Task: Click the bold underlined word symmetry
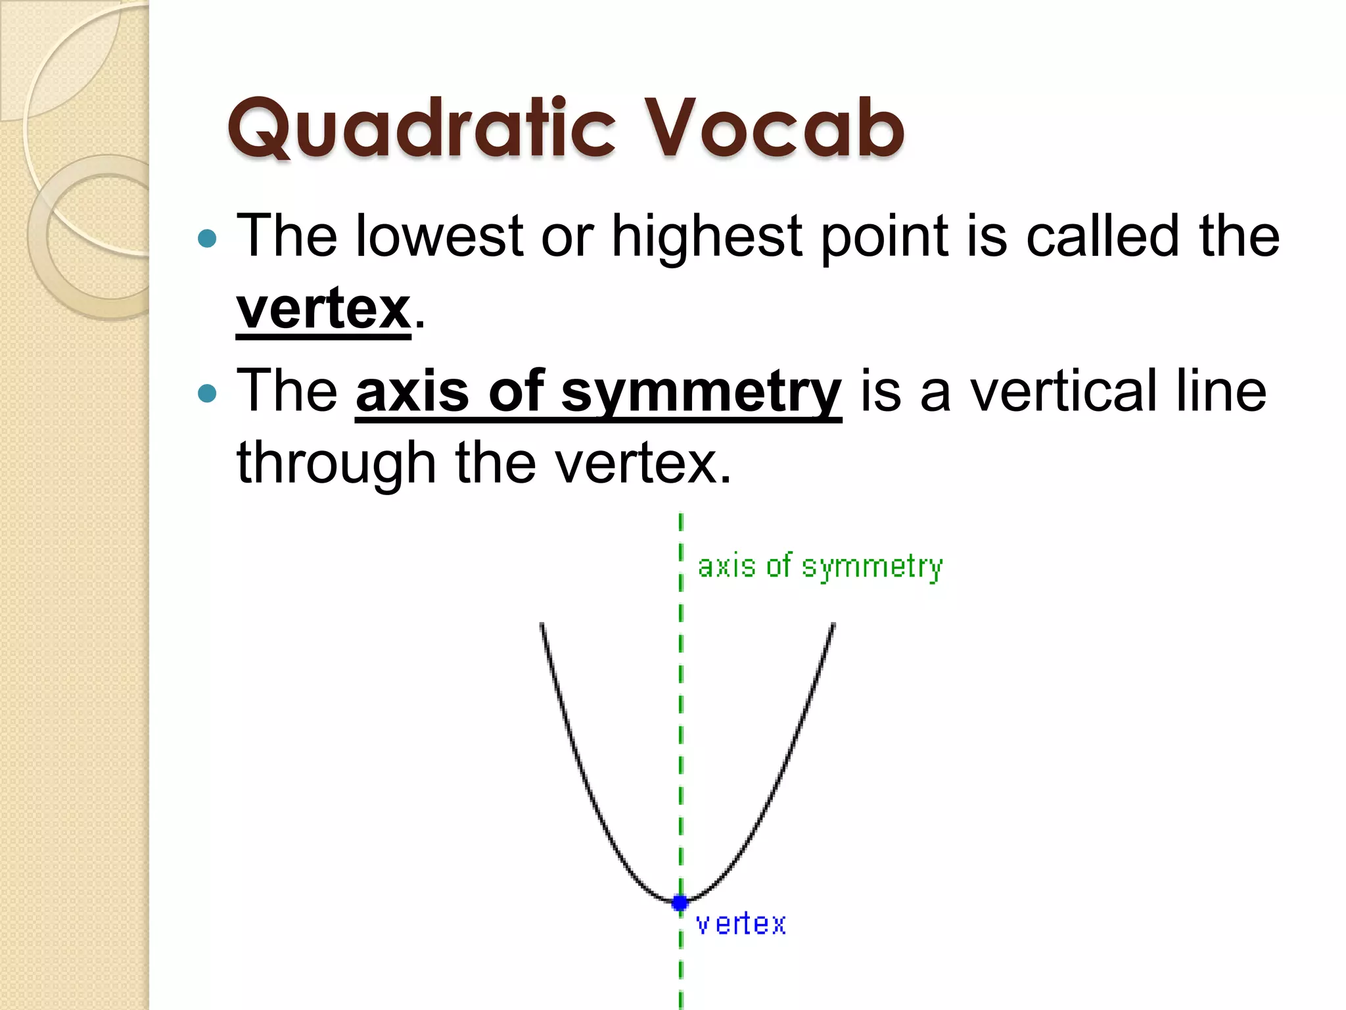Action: click(x=701, y=393)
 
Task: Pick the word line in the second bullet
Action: click(x=1220, y=393)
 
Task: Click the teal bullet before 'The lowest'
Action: click(x=207, y=238)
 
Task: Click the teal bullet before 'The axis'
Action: click(x=207, y=394)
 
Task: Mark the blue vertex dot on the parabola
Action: click(x=680, y=903)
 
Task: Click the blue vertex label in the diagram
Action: click(x=741, y=925)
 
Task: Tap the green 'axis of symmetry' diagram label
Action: click(x=820, y=567)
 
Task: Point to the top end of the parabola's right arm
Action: click(x=833, y=625)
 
